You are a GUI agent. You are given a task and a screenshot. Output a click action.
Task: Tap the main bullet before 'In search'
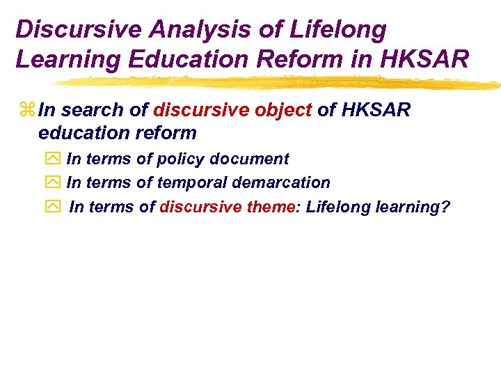28,110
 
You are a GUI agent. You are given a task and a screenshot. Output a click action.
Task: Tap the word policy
181,159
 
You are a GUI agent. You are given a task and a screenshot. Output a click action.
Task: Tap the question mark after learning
446,206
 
